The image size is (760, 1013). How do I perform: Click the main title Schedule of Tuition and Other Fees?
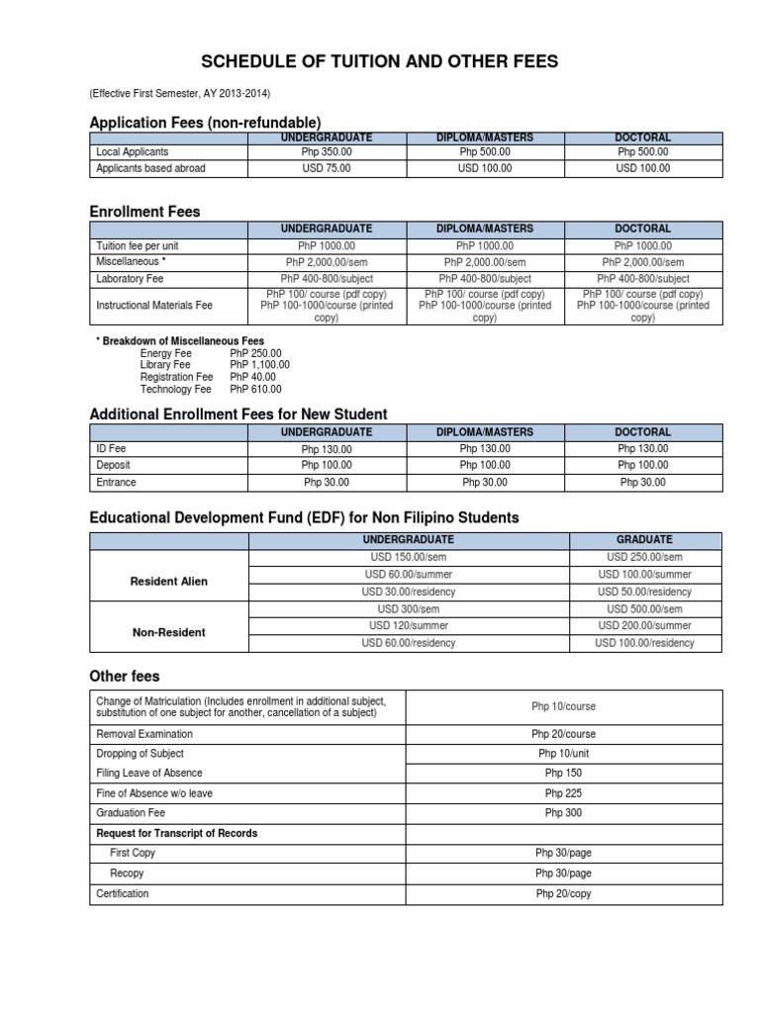pyautogui.click(x=380, y=62)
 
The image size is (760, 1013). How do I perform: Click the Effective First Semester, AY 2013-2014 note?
pyautogui.click(x=179, y=94)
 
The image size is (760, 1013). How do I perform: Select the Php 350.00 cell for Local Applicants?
pyautogui.click(x=327, y=152)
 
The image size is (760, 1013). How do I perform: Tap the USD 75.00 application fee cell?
pyautogui.click(x=327, y=169)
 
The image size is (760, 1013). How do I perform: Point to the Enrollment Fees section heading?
pyautogui.click(x=144, y=212)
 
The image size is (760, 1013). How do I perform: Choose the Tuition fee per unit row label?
pyautogui.click(x=137, y=245)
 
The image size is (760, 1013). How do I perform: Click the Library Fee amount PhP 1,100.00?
pyautogui.click(x=259, y=365)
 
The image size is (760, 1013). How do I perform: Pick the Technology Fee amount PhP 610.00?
pyautogui.click(x=255, y=389)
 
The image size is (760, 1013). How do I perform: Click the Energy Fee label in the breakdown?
pyautogui.click(x=166, y=353)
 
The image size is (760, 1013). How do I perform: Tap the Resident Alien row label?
pyautogui.click(x=169, y=582)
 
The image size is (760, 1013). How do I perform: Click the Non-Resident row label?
pyautogui.click(x=169, y=633)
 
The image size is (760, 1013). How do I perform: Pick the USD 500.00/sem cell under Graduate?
pyautogui.click(x=644, y=609)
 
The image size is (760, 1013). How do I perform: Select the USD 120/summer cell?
pyautogui.click(x=409, y=626)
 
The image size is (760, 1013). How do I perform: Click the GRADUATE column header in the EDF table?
pyautogui.click(x=644, y=540)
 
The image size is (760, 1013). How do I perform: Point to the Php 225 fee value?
pyautogui.click(x=563, y=793)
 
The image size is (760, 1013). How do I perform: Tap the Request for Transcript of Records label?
pyautogui.click(x=176, y=833)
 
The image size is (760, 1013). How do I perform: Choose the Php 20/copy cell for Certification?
pyautogui.click(x=563, y=894)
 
